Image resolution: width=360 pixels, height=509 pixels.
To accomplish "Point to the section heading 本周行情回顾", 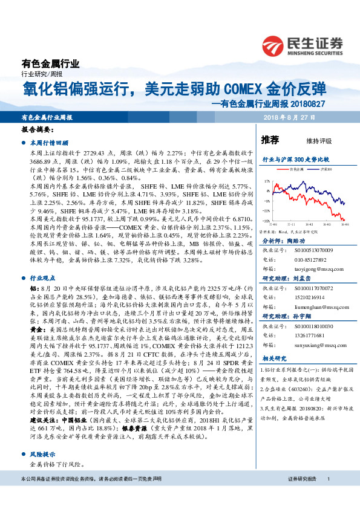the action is pyautogui.click(x=50, y=143).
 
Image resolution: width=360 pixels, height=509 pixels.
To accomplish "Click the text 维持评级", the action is pyautogui.click(x=319, y=141).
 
